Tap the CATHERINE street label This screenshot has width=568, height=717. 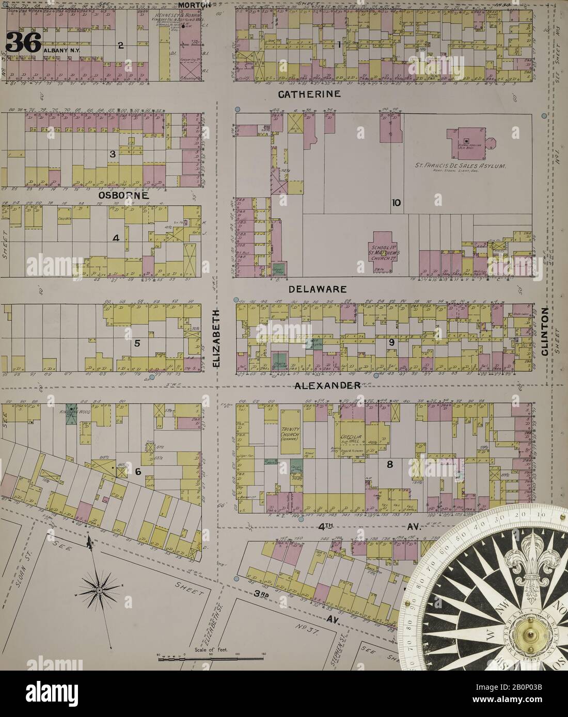(309, 94)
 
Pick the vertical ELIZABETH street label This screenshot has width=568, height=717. (216, 338)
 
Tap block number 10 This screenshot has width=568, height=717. (396, 203)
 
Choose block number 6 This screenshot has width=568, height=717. (138, 471)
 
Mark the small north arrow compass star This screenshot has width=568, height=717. (98, 590)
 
